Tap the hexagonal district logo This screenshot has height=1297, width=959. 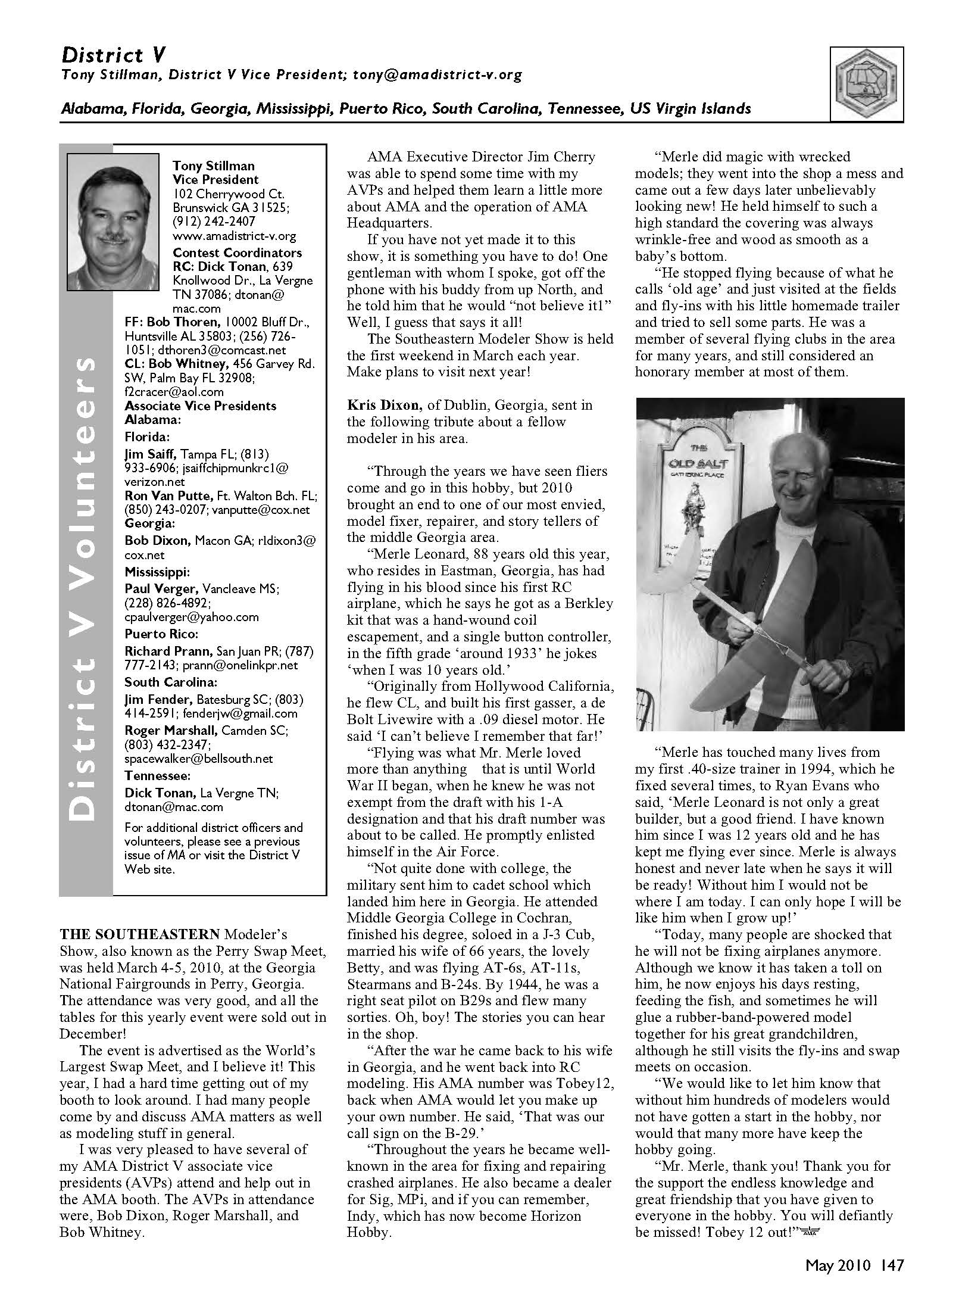[x=867, y=84]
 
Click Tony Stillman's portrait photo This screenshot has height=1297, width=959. [x=114, y=222]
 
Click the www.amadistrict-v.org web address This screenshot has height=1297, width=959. [x=234, y=236]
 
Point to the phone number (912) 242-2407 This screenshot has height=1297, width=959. [x=214, y=222]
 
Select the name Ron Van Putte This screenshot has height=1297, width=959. [x=168, y=495]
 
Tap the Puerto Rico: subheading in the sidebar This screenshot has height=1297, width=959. [x=161, y=634]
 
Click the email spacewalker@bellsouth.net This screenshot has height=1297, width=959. [x=198, y=759]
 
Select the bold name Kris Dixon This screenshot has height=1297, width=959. [x=385, y=405]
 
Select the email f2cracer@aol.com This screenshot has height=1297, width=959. [x=174, y=392]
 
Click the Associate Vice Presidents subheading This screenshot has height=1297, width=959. [x=200, y=406]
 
